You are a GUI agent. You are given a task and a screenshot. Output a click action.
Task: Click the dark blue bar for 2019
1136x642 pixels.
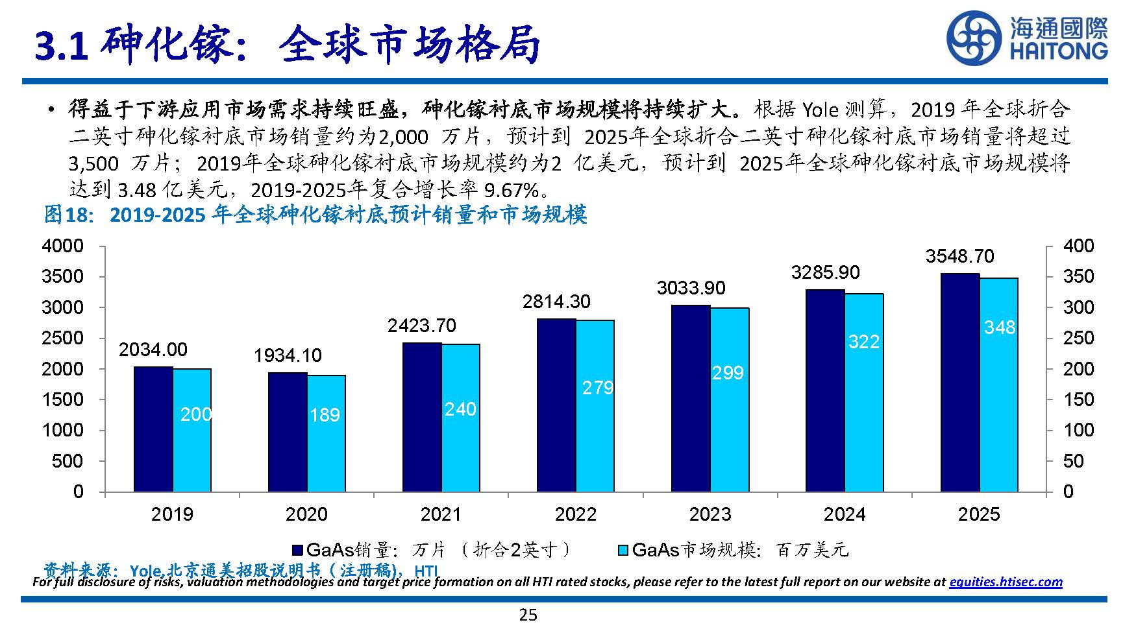pyautogui.click(x=153, y=429)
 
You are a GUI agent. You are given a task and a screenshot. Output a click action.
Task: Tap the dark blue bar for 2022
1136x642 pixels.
pyautogui.click(x=556, y=405)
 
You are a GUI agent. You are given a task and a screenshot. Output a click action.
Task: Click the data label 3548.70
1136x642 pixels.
pyautogui.click(x=959, y=256)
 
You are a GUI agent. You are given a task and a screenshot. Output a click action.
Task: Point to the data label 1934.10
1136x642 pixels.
pyautogui.click(x=288, y=355)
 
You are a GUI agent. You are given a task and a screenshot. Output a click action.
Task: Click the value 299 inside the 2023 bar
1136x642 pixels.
pyautogui.click(x=728, y=373)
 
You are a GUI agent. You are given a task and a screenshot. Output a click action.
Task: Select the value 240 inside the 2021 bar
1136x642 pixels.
pyautogui.click(x=460, y=409)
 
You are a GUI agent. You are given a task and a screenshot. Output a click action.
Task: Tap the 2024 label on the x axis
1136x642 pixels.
pyautogui.click(x=845, y=514)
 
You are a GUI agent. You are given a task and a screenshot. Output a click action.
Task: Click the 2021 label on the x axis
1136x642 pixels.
pyautogui.click(x=441, y=514)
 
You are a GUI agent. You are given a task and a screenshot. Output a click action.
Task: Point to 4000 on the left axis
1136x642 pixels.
pyautogui.click(x=62, y=246)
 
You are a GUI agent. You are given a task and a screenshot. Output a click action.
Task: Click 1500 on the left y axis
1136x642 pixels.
pyautogui.click(x=62, y=399)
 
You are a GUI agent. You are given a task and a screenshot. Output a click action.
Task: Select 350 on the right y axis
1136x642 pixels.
pyautogui.click(x=1078, y=276)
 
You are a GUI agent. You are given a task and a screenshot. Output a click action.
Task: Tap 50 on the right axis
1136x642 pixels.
pyautogui.click(x=1074, y=461)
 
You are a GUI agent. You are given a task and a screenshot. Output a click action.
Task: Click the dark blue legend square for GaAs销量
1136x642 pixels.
pyautogui.click(x=298, y=550)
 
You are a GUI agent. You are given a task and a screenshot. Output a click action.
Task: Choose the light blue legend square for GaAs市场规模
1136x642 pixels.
pyautogui.click(x=623, y=550)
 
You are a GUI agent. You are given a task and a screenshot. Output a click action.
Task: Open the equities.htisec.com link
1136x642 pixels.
pyautogui.click(x=1006, y=582)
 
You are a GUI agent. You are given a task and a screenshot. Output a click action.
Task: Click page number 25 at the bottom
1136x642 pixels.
pyautogui.click(x=528, y=615)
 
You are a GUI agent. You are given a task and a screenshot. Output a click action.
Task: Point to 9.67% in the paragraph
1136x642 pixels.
pyautogui.click(x=512, y=190)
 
